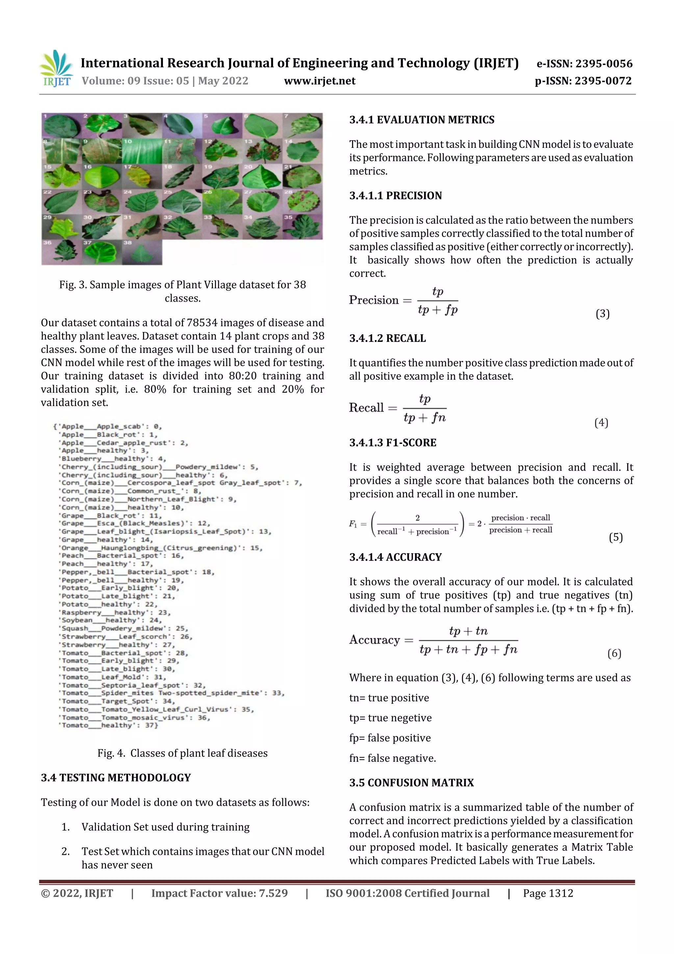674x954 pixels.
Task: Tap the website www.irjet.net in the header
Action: (x=319, y=81)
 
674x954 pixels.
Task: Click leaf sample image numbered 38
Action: (x=142, y=252)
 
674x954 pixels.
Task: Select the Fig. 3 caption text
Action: (x=182, y=291)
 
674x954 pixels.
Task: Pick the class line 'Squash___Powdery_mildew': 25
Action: (x=124, y=628)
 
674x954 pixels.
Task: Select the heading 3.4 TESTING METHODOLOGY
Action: (x=116, y=778)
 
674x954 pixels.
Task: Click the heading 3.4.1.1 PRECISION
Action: (x=395, y=196)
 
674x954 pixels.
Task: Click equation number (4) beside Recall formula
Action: (x=601, y=422)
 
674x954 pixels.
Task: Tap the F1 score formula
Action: (x=451, y=524)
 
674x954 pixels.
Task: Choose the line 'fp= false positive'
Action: (x=390, y=738)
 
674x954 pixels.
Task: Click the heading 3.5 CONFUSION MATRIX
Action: (x=411, y=783)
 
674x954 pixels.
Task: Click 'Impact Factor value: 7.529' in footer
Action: (x=219, y=893)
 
